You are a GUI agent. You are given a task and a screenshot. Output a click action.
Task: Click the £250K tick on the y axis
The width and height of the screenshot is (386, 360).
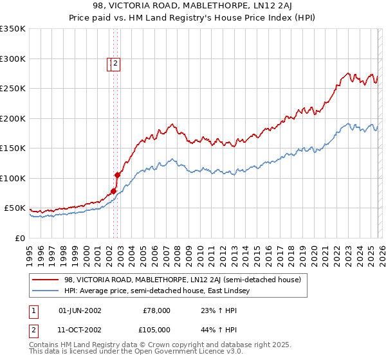tap(14, 89)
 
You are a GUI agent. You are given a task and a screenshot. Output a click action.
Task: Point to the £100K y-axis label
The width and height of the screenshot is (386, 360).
tap(14, 178)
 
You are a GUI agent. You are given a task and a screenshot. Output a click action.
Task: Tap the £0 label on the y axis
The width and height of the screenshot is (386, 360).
tap(20, 238)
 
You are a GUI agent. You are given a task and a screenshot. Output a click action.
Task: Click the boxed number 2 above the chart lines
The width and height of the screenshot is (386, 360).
tap(116, 63)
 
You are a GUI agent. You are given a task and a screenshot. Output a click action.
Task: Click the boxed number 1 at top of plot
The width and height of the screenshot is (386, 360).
tap(110, 63)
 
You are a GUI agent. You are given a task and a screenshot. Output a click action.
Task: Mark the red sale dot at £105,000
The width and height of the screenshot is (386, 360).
tap(118, 175)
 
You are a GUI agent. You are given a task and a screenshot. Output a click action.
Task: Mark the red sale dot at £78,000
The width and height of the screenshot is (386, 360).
tap(113, 191)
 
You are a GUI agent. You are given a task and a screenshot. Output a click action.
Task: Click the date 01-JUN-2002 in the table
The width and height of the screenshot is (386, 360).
tap(80, 310)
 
